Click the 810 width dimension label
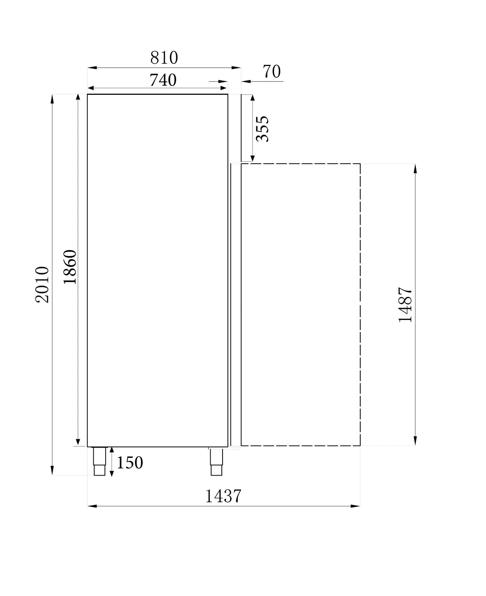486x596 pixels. tap(164, 58)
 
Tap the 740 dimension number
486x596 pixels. tap(163, 80)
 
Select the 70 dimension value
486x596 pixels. tap(272, 72)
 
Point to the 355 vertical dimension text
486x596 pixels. tap(262, 129)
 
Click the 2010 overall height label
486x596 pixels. tap(42, 284)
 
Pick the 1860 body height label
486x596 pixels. tap(70, 267)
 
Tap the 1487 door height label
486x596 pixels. tap(406, 305)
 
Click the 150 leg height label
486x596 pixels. tap(130, 463)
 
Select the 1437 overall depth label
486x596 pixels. tap(223, 496)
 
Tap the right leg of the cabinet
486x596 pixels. tap(216, 462)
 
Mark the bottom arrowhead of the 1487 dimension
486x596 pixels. tap(415, 441)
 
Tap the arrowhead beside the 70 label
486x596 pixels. tap(245, 82)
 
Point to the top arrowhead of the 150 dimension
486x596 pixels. tap(112, 450)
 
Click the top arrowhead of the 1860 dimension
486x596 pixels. tap(78, 98)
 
